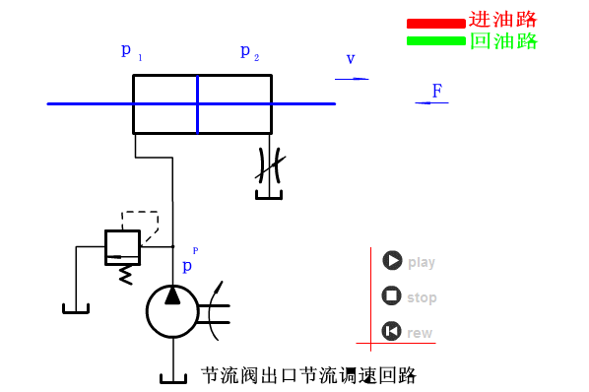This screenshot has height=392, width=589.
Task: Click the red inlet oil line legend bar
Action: [x=435, y=23]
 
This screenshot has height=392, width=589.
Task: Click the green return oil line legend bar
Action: [x=435, y=40]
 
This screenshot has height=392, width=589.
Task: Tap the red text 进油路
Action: [x=502, y=20]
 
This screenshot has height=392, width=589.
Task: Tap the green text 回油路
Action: [x=502, y=41]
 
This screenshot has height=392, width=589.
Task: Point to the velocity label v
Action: [x=350, y=59]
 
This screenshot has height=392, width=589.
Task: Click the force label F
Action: [x=436, y=91]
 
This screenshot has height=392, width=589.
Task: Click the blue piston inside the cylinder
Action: [x=197, y=103]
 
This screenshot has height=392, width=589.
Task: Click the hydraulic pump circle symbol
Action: [x=172, y=311]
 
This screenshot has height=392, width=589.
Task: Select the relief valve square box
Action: [x=122, y=245]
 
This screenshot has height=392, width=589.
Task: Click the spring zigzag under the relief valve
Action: [x=124, y=273]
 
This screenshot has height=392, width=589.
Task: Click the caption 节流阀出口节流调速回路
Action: [x=308, y=375]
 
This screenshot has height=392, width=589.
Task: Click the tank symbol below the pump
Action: [x=172, y=378]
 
